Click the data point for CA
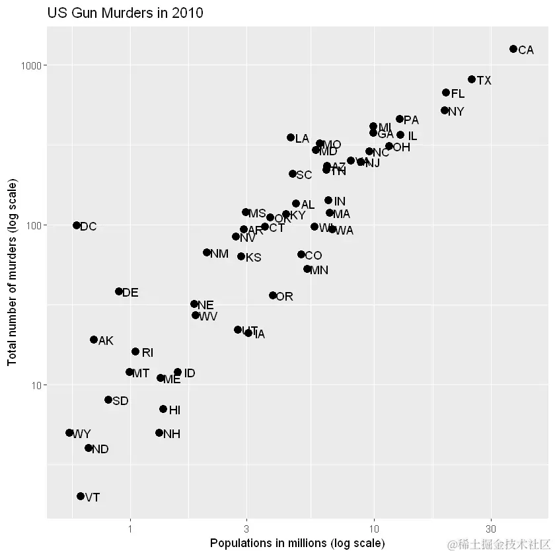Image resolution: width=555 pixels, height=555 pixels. [x=513, y=49]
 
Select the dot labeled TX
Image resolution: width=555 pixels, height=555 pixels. [x=472, y=79]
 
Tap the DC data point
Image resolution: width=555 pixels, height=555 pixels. [x=77, y=225]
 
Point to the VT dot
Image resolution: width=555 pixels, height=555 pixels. [x=81, y=496]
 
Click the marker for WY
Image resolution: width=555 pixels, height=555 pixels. [x=69, y=433]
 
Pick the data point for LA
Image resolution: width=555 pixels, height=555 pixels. [x=291, y=137]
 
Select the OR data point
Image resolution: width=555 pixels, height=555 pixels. [x=273, y=295]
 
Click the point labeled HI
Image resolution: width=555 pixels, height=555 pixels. [x=163, y=409]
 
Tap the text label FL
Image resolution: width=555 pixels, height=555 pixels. [x=458, y=94]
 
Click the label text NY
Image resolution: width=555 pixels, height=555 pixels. [x=456, y=112]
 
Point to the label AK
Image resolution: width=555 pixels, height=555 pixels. [x=106, y=341]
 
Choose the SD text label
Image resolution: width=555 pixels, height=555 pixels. [x=120, y=400]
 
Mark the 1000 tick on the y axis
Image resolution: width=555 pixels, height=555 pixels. [x=32, y=65]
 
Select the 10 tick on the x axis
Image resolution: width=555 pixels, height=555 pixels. [x=374, y=529]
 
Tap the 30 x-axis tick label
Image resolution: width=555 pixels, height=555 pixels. [x=491, y=529]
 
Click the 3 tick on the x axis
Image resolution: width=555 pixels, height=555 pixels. [x=247, y=529]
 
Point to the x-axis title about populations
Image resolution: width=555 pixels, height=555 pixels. [x=297, y=543]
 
